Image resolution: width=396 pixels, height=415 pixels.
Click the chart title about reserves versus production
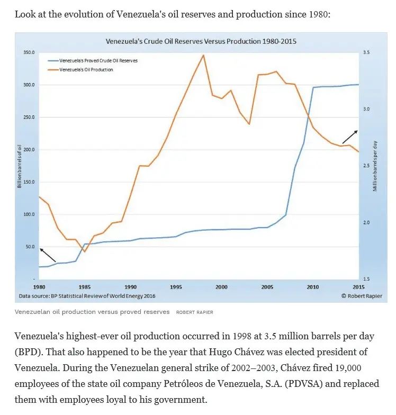pyautogui.click(x=201, y=41)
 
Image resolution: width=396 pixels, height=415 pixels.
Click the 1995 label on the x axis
pyautogui.click(x=176, y=287)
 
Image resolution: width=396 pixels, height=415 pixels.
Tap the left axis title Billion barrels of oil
pyautogui.click(x=20, y=166)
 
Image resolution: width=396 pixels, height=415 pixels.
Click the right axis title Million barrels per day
pyautogui.click(x=375, y=166)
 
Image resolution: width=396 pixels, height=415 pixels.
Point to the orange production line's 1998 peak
pyautogui.click(x=203, y=55)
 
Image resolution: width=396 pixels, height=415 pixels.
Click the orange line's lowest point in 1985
pyautogui.click(x=84, y=251)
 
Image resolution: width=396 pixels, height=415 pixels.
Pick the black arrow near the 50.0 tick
pyautogui.click(x=47, y=255)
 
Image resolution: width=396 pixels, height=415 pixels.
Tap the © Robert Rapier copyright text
pyautogui.click(x=361, y=296)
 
